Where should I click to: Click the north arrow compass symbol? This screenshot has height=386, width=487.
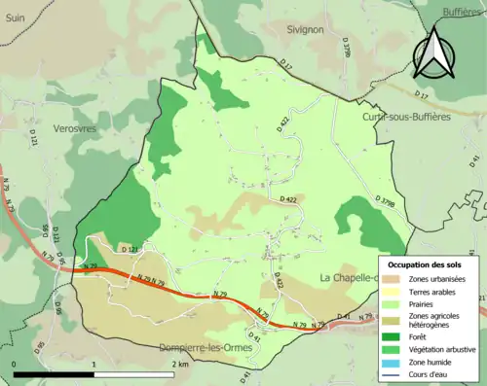(435, 52)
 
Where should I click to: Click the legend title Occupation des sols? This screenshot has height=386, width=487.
(427, 264)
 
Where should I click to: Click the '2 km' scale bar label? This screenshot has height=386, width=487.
(180, 363)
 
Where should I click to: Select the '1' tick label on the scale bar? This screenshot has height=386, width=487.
(94, 363)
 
